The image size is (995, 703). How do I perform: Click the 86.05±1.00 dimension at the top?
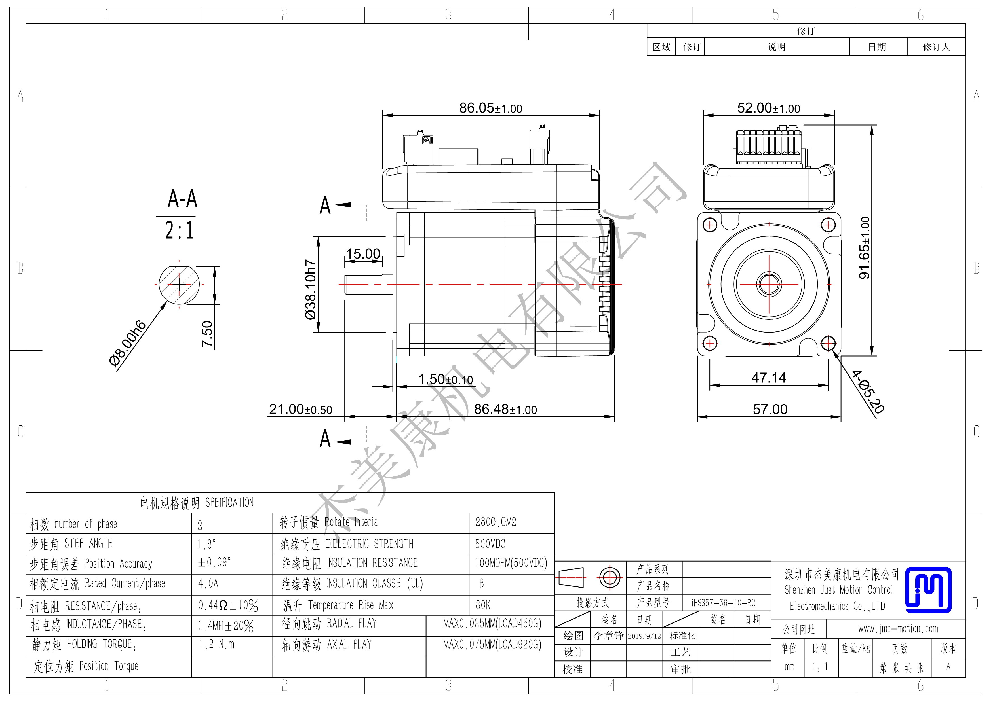click(x=491, y=108)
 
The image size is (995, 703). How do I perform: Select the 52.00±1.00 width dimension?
click(x=768, y=108)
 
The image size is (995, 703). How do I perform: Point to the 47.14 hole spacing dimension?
click(x=768, y=378)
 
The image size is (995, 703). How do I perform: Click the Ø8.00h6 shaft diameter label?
click(x=128, y=344)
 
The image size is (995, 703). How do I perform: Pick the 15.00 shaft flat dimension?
click(x=363, y=253)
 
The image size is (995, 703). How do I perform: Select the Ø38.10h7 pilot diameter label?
click(x=311, y=289)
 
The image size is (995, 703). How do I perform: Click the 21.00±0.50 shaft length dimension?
click(x=300, y=409)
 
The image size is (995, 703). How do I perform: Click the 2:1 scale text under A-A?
click(x=180, y=230)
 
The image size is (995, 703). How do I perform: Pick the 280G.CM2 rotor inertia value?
click(x=496, y=522)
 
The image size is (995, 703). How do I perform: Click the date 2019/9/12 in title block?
click(x=644, y=636)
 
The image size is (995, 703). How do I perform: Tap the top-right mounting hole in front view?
click(x=828, y=225)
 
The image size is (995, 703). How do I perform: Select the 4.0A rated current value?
click(x=208, y=583)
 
